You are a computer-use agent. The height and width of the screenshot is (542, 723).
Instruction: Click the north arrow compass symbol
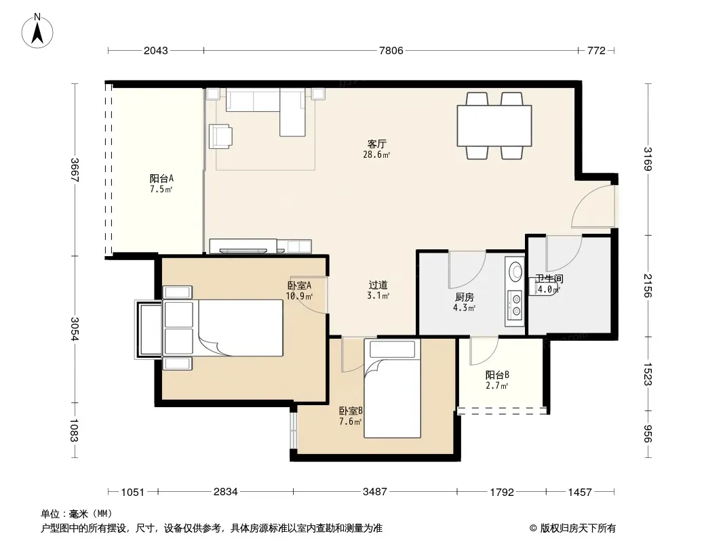click(37, 31)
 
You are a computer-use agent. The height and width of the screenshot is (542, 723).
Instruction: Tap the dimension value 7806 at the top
click(391, 51)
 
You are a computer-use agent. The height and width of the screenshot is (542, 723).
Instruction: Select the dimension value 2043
click(156, 51)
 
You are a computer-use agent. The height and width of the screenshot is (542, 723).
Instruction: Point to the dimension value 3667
click(75, 170)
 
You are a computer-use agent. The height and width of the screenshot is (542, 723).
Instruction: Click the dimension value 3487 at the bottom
click(375, 492)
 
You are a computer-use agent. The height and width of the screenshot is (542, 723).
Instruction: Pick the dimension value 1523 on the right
click(648, 375)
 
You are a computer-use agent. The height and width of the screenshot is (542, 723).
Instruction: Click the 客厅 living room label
click(376, 144)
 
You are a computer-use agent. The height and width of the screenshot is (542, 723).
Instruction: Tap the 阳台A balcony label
click(161, 178)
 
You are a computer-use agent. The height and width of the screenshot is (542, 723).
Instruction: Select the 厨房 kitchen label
click(465, 297)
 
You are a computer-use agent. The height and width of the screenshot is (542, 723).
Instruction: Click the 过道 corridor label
click(378, 285)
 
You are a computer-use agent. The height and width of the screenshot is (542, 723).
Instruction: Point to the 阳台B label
click(497, 375)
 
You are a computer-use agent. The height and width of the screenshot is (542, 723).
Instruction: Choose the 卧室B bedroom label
click(351, 411)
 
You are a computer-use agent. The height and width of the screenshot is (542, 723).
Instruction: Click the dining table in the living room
click(494, 126)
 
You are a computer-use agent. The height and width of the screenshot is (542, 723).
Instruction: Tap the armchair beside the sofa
click(220, 136)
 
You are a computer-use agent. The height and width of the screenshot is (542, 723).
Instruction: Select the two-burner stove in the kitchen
click(515, 306)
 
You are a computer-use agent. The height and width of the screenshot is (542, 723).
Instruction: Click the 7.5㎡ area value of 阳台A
click(161, 189)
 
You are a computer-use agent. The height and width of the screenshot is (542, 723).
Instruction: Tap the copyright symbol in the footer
click(533, 528)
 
